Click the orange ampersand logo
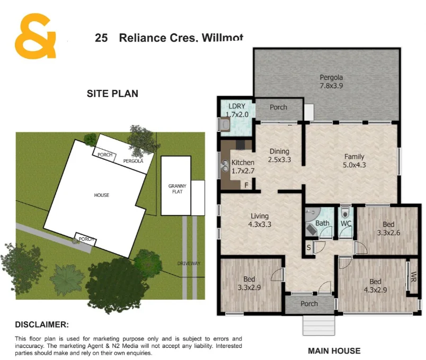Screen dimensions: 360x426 (35, 36)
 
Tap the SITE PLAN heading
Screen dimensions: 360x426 (112, 94)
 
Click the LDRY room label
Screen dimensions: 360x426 (236, 110)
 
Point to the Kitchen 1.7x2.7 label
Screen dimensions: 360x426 (243, 167)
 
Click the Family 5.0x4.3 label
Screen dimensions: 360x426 (354, 161)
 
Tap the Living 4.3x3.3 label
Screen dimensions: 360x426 (260, 220)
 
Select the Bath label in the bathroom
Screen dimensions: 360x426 (322, 223)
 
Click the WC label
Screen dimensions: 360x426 (346, 223)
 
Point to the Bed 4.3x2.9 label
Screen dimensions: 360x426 (376, 286)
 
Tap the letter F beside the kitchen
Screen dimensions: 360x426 (246, 185)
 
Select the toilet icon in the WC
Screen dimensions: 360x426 (345, 213)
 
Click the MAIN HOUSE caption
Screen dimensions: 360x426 (334, 350)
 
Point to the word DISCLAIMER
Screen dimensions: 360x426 (42, 325)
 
